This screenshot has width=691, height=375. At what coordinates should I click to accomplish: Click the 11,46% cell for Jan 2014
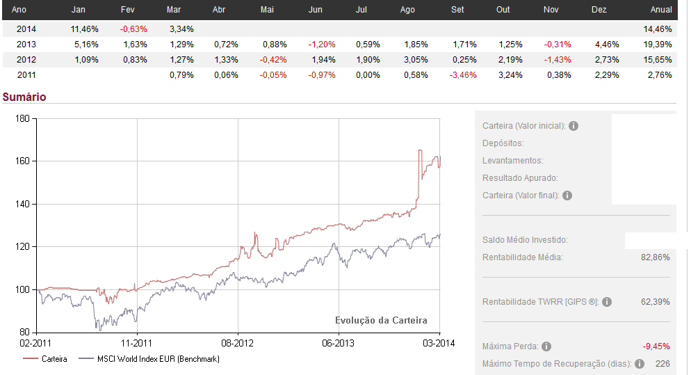(x=85, y=29)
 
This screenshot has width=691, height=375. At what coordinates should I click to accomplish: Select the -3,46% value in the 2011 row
(x=463, y=75)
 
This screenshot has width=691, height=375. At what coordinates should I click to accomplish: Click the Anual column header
(x=660, y=10)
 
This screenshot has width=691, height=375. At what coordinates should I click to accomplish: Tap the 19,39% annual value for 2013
(x=658, y=45)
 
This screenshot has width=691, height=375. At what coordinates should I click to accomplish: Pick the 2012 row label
(x=26, y=60)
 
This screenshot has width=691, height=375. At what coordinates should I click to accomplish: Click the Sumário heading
(x=24, y=97)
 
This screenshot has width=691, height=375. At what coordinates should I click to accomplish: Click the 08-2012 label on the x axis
(x=237, y=343)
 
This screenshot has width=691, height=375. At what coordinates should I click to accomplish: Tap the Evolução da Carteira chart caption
(x=381, y=321)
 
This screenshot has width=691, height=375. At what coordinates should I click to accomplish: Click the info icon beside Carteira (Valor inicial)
(x=574, y=126)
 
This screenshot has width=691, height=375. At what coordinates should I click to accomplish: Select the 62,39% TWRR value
(x=655, y=302)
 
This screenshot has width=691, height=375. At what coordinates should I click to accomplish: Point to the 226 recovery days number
(x=662, y=363)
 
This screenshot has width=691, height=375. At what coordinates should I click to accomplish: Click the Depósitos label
(x=503, y=143)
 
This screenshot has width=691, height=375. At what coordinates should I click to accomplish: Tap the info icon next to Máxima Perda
(x=546, y=346)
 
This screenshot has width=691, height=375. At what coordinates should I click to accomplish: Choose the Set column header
(x=458, y=10)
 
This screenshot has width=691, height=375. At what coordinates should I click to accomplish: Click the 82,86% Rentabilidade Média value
(x=655, y=257)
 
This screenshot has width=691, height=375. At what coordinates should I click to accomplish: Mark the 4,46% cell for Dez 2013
(x=603, y=45)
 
